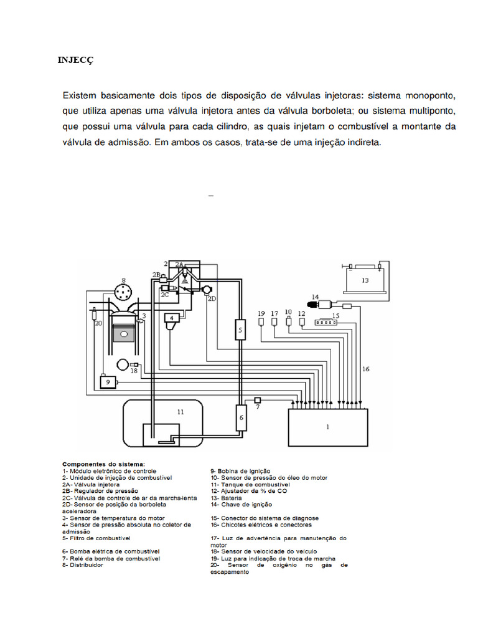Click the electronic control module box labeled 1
pyautogui.click(x=327, y=427)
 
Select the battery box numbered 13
pyautogui.click(x=365, y=280)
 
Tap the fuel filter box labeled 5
pyautogui.click(x=240, y=330)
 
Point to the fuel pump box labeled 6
pyautogui.click(x=240, y=417)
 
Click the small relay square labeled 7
pyautogui.click(x=257, y=399)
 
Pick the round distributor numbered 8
pyautogui.click(x=124, y=293)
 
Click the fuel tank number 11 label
pyautogui.click(x=180, y=412)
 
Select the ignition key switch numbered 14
pyautogui.click(x=324, y=304)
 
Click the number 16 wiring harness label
pyautogui.click(x=366, y=369)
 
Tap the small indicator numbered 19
pyautogui.click(x=261, y=323)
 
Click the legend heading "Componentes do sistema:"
pyautogui.click(x=103, y=464)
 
